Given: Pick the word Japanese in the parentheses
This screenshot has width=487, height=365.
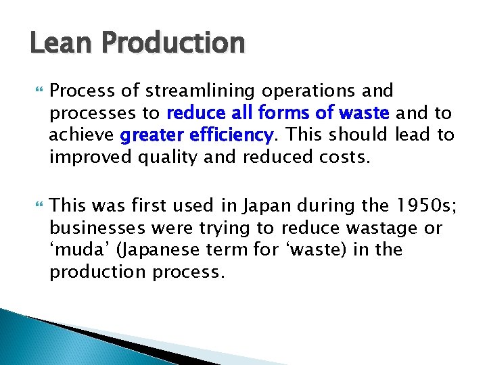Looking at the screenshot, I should pyautogui.click(x=163, y=250).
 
